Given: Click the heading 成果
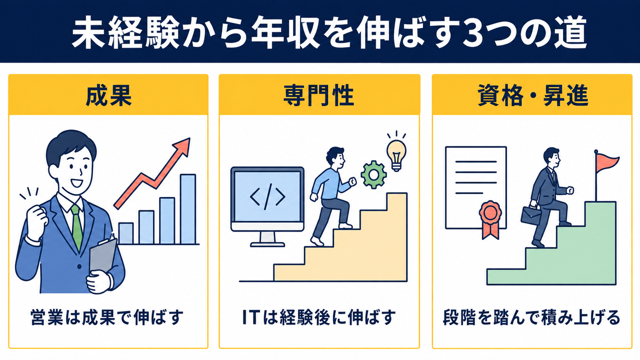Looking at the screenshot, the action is [108, 95].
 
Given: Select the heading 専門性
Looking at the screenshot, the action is [319, 95].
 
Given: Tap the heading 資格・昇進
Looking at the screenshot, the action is [533, 95].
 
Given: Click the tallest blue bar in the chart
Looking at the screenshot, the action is [188, 209].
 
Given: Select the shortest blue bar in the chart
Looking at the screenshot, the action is [126, 233].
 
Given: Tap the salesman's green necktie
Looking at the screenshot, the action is [76, 227].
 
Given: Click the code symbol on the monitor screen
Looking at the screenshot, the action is [267, 196].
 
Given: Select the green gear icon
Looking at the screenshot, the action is [373, 174].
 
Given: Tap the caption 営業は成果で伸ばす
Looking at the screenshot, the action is [107, 317].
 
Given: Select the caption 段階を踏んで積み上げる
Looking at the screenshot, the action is [531, 317].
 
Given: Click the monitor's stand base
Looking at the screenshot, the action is [267, 244].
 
